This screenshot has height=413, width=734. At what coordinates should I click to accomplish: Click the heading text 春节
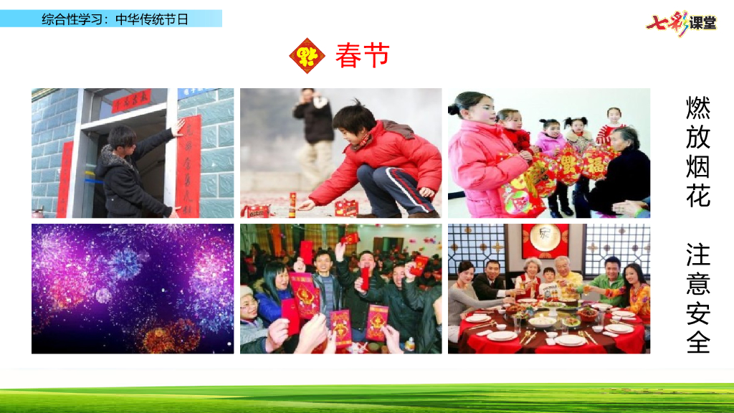click(362, 56)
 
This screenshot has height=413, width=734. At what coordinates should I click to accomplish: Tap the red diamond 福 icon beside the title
click(307, 56)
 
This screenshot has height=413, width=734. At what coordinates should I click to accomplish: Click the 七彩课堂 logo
click(681, 22)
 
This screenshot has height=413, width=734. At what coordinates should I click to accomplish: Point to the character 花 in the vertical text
click(697, 195)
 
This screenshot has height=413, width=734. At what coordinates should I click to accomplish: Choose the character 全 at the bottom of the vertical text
click(697, 341)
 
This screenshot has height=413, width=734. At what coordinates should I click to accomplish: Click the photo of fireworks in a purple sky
click(133, 288)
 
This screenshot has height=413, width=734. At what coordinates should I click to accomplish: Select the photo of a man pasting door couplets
click(133, 153)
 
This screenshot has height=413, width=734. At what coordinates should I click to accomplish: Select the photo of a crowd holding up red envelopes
click(340, 288)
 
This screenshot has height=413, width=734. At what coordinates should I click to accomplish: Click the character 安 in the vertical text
click(697, 312)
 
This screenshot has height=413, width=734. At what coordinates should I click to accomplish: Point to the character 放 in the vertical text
click(697, 137)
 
